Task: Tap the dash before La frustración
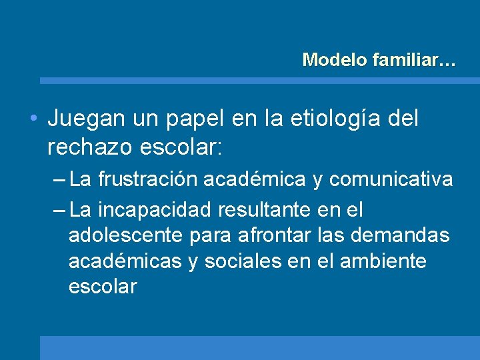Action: coord(58,179)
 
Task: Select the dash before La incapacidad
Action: coord(58,211)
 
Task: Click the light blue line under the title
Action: coord(259,81)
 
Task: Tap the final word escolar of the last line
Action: coord(102,287)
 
